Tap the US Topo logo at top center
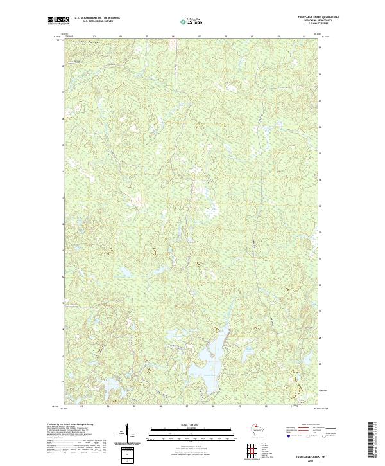[192, 22]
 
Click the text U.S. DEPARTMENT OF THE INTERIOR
[98, 17]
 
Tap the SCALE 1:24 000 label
[192, 424]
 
